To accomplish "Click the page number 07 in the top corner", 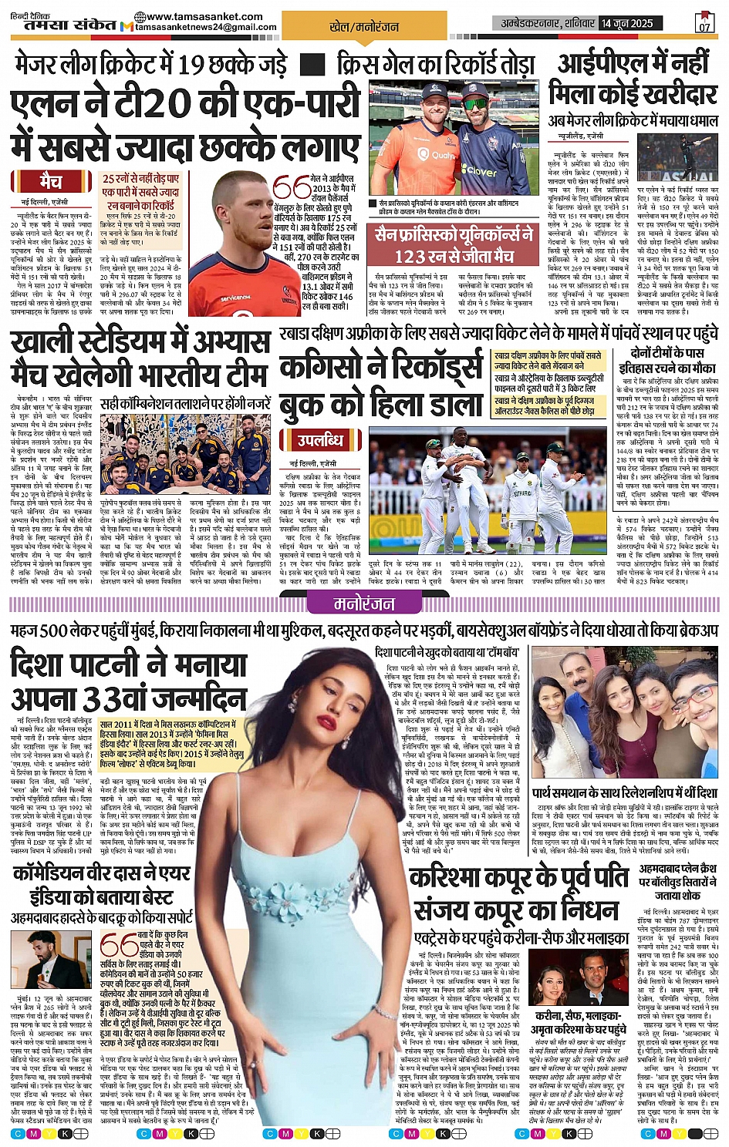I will [x=704, y=25].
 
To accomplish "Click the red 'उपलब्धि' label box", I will [x=321, y=440].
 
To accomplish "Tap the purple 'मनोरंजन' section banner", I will [x=363, y=604].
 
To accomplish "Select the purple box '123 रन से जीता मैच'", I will [x=454, y=244].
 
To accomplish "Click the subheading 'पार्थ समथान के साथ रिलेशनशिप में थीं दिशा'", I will [x=625, y=792].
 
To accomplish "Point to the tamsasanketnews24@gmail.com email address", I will [x=206, y=28].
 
